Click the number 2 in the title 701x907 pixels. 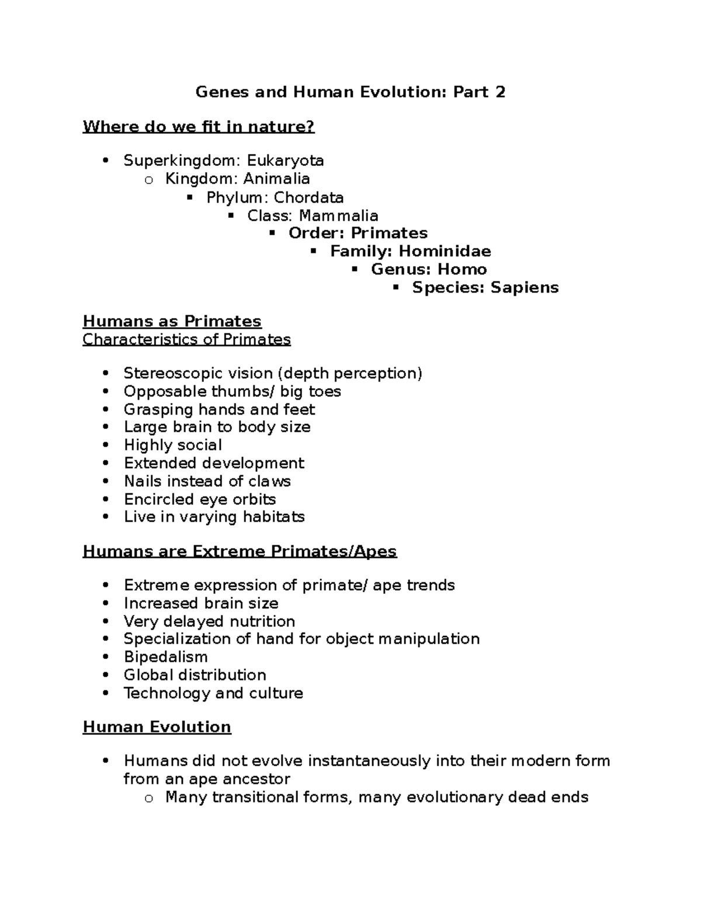pyautogui.click(x=499, y=92)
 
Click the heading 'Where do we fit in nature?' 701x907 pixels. pyautogui.click(x=199, y=126)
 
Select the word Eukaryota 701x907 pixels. pyautogui.click(x=285, y=161)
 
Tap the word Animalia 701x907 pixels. pyautogui.click(x=276, y=179)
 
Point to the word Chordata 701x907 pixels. pyautogui.click(x=308, y=197)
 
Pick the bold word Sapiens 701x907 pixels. pyautogui.click(x=525, y=287)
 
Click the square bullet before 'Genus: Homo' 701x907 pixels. pyautogui.click(x=354, y=269)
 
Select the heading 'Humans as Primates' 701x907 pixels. pyautogui.click(x=172, y=321)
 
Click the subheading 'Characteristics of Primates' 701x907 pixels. pyautogui.click(x=186, y=339)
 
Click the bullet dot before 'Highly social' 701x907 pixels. pyautogui.click(x=105, y=445)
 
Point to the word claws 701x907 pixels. pyautogui.click(x=269, y=481)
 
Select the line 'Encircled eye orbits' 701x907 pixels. pyautogui.click(x=200, y=499)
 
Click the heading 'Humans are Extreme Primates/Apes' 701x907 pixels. pyautogui.click(x=240, y=551)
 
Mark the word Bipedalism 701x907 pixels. pyautogui.click(x=165, y=657)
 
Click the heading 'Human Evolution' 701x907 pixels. pyautogui.click(x=157, y=727)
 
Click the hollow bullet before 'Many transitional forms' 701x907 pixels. pyautogui.click(x=148, y=798)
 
